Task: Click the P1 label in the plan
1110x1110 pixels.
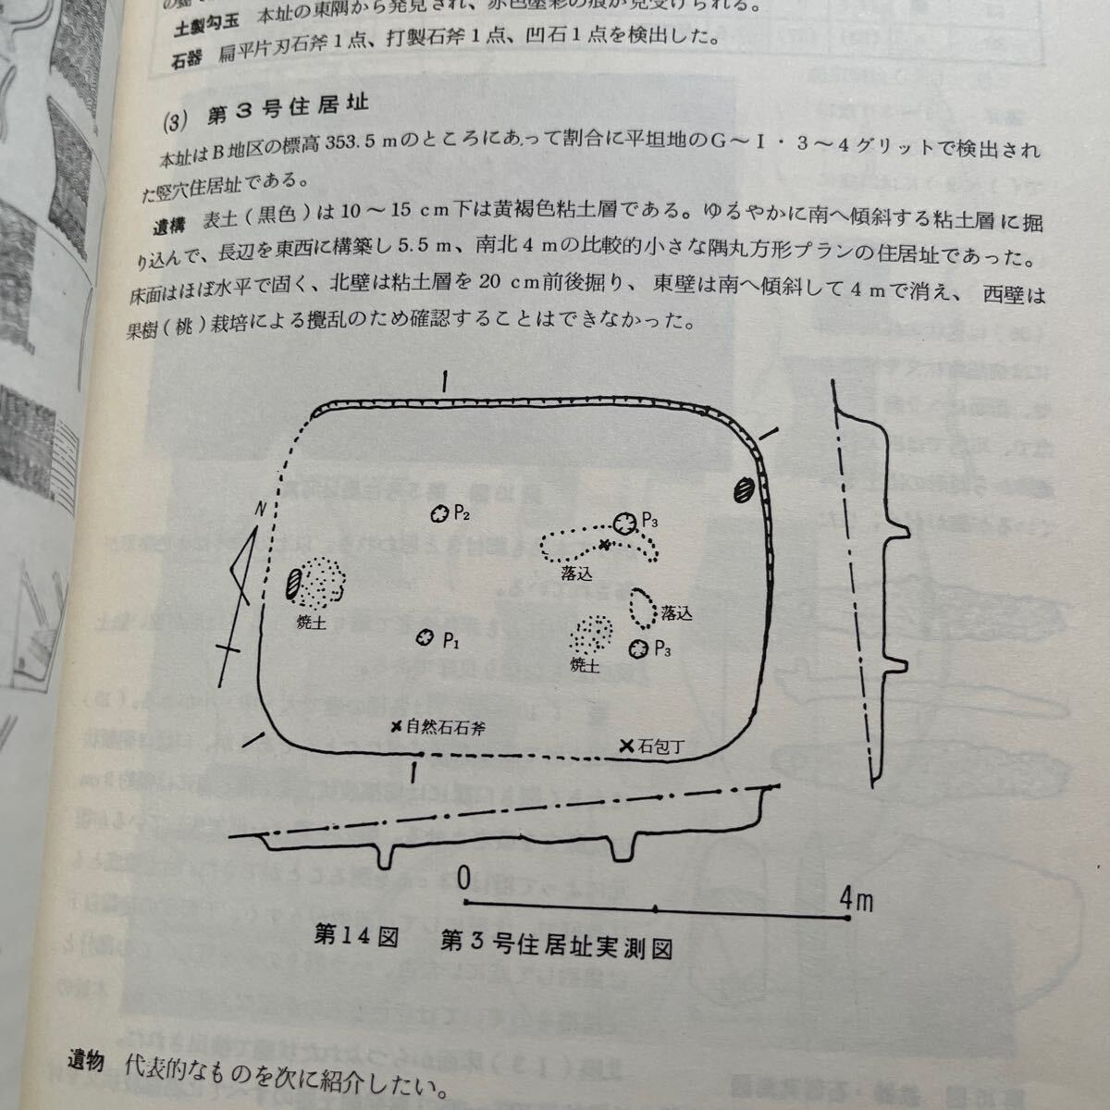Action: click(450, 638)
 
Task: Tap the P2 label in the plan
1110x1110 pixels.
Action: click(462, 514)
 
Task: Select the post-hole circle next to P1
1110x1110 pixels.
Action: click(425, 637)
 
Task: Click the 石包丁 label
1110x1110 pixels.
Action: click(661, 746)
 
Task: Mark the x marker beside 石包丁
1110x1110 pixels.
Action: click(627, 746)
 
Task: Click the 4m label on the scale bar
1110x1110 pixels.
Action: click(857, 896)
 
